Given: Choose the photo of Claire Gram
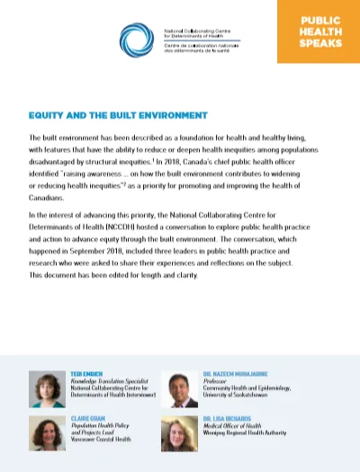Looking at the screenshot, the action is [x=46, y=432].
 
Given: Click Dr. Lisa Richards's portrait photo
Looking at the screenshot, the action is [x=180, y=432].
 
